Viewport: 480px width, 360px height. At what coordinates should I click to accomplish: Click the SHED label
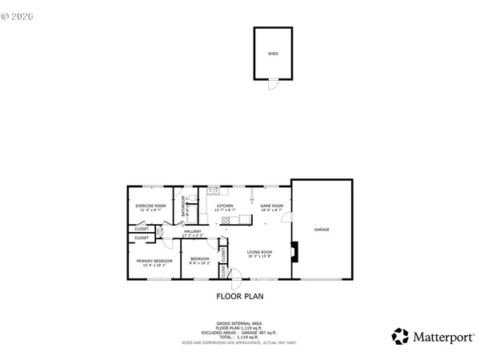click(273, 54)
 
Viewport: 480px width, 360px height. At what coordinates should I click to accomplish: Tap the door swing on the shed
click(274, 83)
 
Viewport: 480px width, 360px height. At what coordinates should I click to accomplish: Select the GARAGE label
click(321, 230)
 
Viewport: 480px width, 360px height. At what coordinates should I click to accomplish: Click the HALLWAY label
click(192, 233)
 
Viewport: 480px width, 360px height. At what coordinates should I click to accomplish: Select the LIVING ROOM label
click(259, 253)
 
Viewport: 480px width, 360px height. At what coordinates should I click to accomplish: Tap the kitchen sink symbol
click(214, 191)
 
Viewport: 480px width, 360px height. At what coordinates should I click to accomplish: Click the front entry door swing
click(235, 279)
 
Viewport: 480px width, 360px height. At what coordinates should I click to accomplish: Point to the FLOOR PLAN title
click(240, 296)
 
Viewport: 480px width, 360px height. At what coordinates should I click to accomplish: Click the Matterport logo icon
click(399, 336)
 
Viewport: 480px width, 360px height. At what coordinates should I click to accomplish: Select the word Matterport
click(441, 337)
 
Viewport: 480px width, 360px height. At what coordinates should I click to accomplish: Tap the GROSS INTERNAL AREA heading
click(240, 324)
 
